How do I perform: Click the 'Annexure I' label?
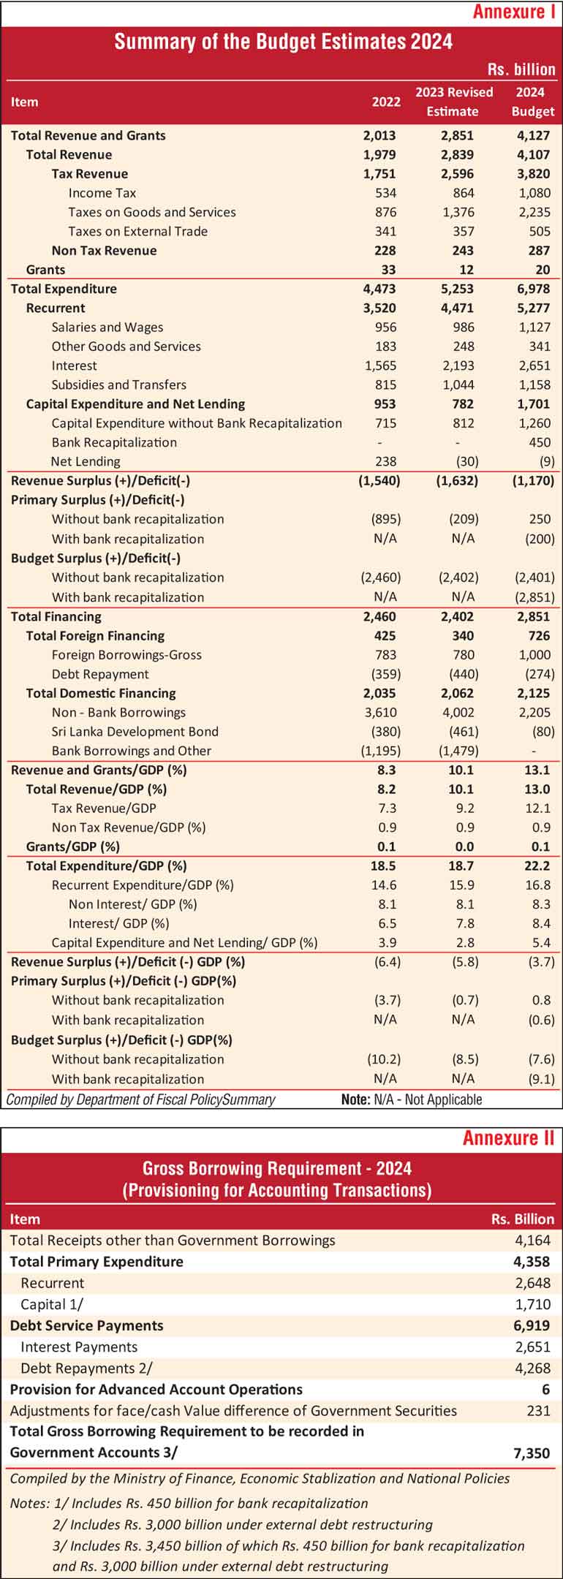point(514,12)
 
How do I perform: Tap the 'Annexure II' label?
point(509,1138)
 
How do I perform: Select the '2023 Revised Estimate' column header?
point(454,102)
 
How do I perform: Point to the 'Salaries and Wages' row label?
point(107,327)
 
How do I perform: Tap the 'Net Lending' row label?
point(86,461)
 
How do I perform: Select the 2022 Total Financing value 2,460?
point(382,616)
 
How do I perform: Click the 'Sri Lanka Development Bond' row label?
point(135,731)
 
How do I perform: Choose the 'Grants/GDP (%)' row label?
point(73,847)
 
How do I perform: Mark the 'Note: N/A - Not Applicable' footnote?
point(412,1099)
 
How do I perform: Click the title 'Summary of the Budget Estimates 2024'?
point(283,41)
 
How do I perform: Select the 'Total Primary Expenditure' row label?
point(97,1262)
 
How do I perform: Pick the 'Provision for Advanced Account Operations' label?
point(156,1390)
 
